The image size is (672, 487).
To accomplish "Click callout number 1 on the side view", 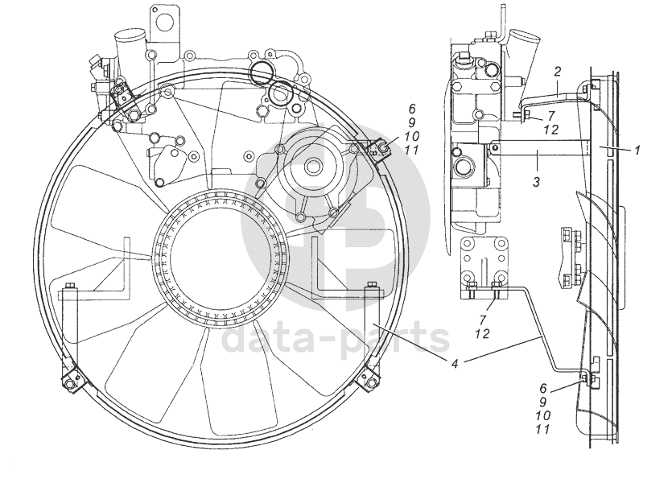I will click(x=637, y=149).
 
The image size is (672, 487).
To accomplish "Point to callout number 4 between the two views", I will click(x=456, y=363).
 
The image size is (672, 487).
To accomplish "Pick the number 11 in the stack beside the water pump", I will click(x=411, y=151).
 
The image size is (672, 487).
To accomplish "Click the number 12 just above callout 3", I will click(x=550, y=130).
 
